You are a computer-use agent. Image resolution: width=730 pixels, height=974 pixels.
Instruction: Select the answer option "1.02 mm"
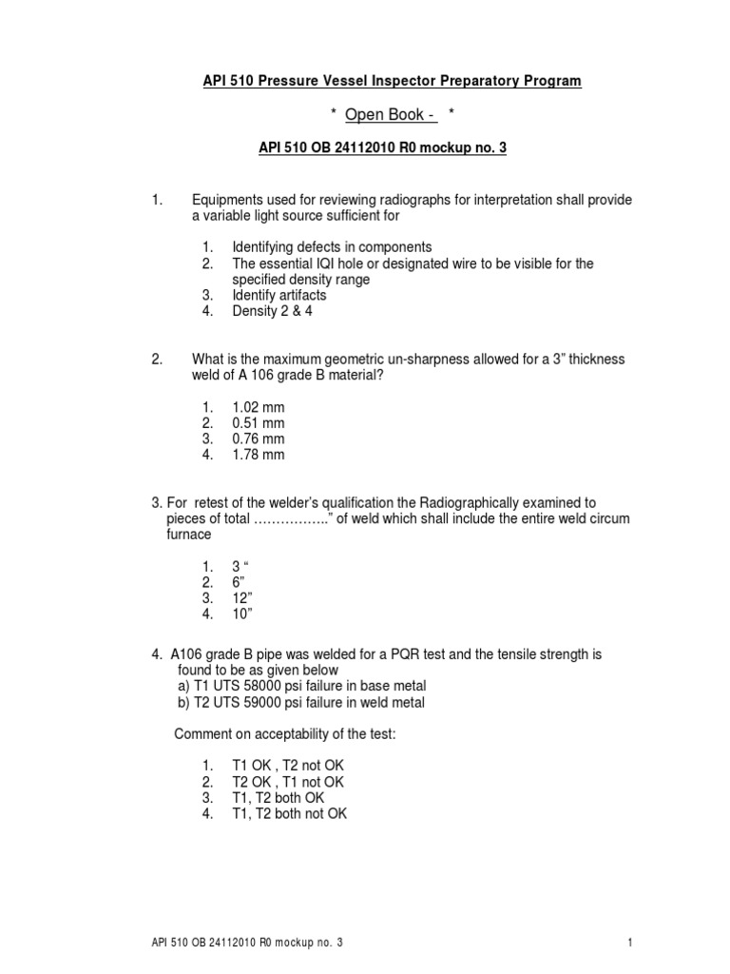point(259,406)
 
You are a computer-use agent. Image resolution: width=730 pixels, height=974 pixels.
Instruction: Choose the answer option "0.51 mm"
point(259,422)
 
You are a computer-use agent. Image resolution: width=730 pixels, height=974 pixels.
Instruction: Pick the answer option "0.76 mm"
point(259,438)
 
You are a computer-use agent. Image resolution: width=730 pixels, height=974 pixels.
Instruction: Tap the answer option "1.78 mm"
point(259,455)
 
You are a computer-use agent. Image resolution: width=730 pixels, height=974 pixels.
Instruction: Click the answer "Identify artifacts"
point(279,296)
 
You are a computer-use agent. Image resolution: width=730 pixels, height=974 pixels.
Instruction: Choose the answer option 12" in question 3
point(244,598)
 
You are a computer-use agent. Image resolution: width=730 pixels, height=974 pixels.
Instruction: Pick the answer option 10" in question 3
point(244,614)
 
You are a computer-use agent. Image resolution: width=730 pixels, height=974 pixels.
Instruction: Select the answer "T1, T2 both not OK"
point(290,814)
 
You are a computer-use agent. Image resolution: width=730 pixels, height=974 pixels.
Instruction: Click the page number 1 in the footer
point(630,943)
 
